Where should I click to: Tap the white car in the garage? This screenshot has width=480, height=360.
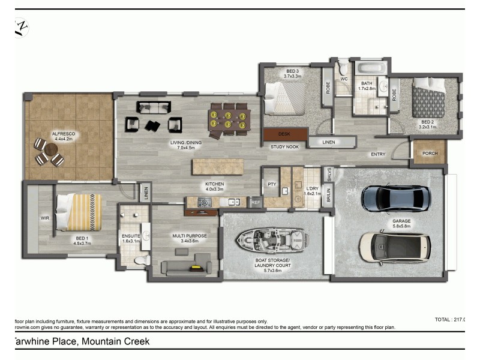pos(395,245)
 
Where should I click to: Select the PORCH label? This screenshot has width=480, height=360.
pos(430,153)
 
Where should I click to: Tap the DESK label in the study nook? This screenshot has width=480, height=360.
pos(284,134)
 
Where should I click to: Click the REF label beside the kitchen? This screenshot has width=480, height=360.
pos(255,203)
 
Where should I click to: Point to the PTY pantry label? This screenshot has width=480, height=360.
pos(271,184)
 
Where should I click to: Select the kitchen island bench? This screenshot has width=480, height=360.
pos(218,166)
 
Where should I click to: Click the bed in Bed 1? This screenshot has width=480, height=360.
pos(79,211)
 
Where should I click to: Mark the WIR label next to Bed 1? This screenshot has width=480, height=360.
pos(44,218)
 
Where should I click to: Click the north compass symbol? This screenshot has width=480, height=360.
pos(22,27)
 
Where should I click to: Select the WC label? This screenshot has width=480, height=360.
pos(344,79)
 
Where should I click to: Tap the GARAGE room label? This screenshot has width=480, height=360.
pos(401,221)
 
